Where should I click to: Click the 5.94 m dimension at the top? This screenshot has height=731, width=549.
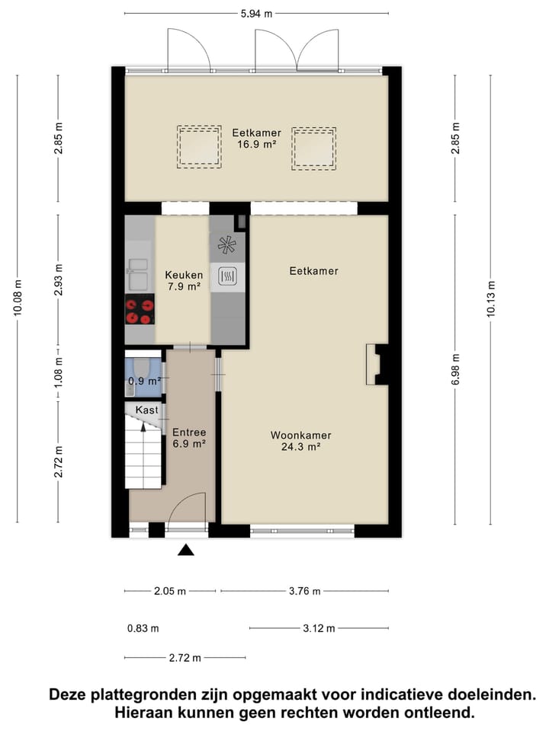(257, 13)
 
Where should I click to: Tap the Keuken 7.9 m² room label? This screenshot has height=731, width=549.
(183, 281)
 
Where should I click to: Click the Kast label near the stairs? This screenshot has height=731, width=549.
(146, 410)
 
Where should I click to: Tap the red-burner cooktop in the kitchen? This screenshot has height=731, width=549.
(140, 311)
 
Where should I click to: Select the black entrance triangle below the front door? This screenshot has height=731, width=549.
(187, 550)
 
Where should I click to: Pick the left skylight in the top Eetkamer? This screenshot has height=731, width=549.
(199, 146)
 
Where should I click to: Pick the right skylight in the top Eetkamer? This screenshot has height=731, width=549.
(313, 146)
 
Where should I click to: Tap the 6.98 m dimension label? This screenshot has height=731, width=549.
(455, 369)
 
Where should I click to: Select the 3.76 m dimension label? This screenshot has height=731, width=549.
(303, 591)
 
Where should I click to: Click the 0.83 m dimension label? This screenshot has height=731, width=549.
(143, 628)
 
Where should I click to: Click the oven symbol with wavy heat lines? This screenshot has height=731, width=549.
(227, 276)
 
